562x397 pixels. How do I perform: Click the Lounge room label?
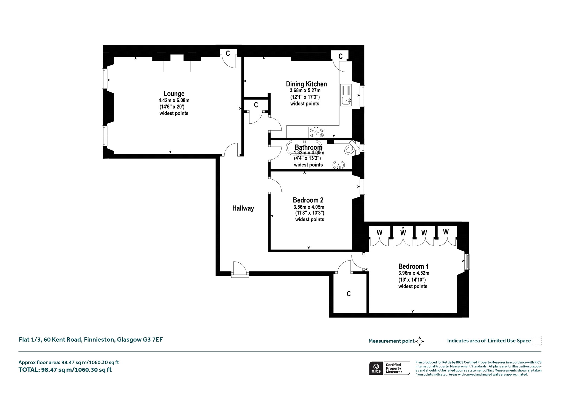174,94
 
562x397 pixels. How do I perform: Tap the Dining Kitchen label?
306,84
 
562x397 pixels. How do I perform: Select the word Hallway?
243,208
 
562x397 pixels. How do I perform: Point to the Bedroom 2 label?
308,200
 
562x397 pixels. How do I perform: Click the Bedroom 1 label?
414,266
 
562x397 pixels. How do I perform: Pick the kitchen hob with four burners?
317,132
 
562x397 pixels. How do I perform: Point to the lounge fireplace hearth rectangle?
177,66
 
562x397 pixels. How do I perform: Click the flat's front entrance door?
240,270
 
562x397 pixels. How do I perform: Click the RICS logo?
376,368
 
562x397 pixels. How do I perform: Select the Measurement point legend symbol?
420,341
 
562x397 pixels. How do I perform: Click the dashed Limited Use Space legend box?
537,341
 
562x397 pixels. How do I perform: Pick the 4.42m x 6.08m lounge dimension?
174,100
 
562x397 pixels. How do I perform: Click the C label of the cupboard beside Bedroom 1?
349,294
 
